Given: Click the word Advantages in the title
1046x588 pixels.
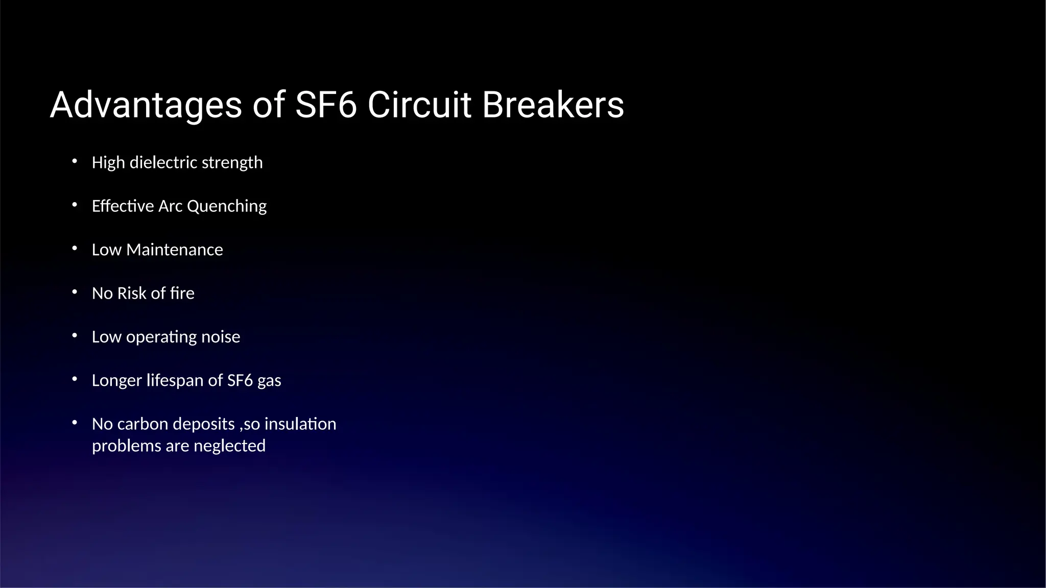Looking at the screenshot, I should (146, 105).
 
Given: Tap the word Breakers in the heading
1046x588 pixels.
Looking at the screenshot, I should (553, 105).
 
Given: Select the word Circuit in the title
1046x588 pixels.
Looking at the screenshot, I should (419, 105).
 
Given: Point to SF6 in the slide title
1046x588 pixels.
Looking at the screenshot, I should (326, 105).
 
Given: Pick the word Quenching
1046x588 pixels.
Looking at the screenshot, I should (227, 206).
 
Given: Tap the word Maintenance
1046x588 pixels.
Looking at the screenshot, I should (175, 250).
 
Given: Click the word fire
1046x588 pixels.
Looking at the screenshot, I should (182, 293).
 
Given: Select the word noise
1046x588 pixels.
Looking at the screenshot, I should (221, 337).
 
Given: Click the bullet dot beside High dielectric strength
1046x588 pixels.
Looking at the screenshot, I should (75, 161).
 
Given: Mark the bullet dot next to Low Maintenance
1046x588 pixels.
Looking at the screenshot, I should (75, 249).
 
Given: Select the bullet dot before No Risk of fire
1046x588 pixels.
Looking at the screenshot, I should (75, 292).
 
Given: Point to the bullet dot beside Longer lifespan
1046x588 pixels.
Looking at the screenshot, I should (75, 379).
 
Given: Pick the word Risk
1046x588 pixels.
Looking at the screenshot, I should (132, 293).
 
